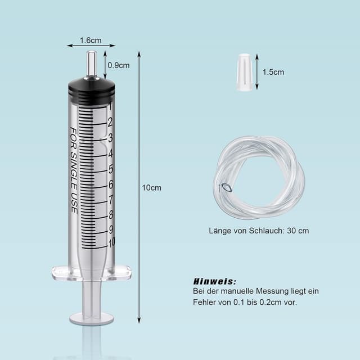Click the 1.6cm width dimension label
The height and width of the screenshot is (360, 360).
(x=91, y=40)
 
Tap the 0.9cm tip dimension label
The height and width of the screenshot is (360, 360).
(x=119, y=65)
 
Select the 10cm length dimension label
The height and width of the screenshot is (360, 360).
(x=151, y=187)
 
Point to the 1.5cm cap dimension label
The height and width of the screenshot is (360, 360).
(x=273, y=71)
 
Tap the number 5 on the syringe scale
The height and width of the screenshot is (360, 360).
(x=110, y=169)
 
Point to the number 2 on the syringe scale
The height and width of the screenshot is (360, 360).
(x=110, y=122)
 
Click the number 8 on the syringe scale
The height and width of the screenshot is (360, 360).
(x=110, y=214)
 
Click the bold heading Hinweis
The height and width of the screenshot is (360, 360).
(x=215, y=281)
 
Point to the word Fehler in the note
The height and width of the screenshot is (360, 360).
(x=205, y=302)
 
